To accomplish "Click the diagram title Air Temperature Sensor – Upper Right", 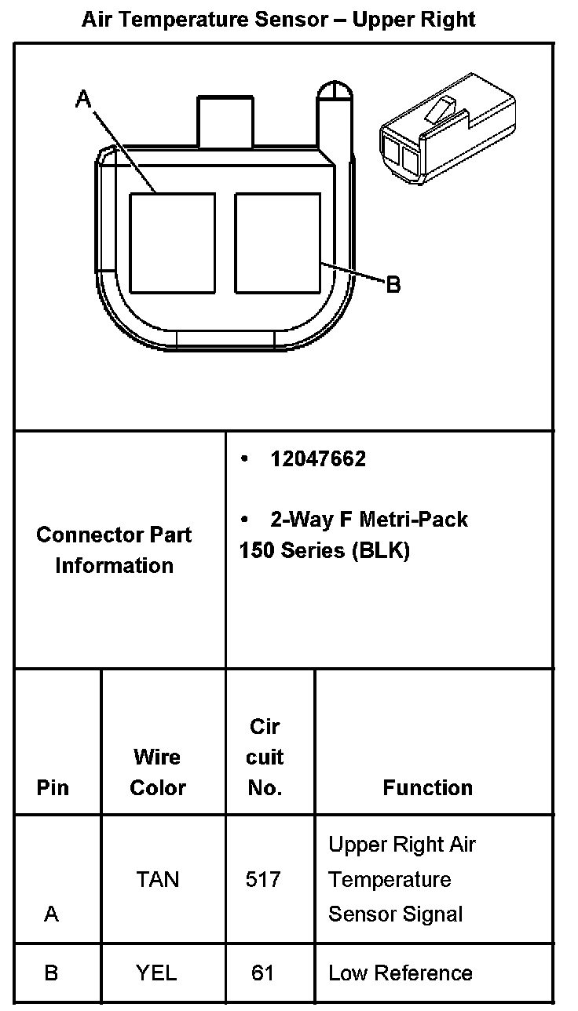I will click(x=279, y=19).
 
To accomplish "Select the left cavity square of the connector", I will click(x=172, y=243).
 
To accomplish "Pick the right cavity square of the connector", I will click(x=278, y=243).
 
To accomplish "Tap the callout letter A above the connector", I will click(x=83, y=100).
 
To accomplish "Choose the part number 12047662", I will click(x=318, y=459).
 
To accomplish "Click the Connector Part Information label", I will click(x=115, y=550).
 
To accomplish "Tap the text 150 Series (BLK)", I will click(x=324, y=550).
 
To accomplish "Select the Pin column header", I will click(x=53, y=788).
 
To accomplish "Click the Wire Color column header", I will click(x=158, y=772).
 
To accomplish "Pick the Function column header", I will click(x=428, y=788).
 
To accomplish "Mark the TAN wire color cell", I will click(x=158, y=879).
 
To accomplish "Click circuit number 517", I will click(x=263, y=879).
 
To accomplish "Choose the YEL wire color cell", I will click(x=156, y=973).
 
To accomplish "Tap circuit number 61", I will click(x=262, y=973).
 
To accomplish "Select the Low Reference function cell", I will click(x=401, y=973).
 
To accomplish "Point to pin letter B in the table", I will click(x=51, y=973).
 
